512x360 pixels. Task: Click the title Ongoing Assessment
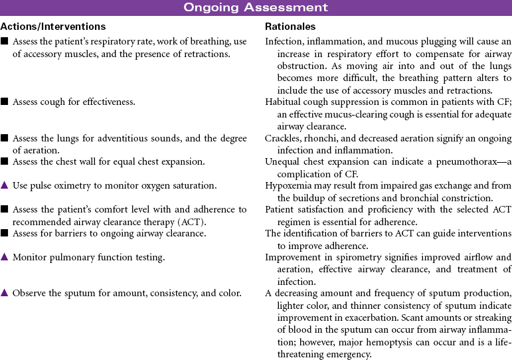pos(256,8)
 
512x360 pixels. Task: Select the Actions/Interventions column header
pos(53,27)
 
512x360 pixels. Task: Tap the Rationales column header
pos(290,27)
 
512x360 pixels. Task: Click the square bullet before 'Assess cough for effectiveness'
pos(5,102)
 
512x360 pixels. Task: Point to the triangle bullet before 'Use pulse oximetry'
pos(5,185)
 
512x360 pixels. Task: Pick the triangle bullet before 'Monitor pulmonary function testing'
pos(5,256)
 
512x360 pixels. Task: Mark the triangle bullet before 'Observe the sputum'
pos(5,293)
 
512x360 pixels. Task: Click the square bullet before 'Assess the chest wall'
pos(5,161)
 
